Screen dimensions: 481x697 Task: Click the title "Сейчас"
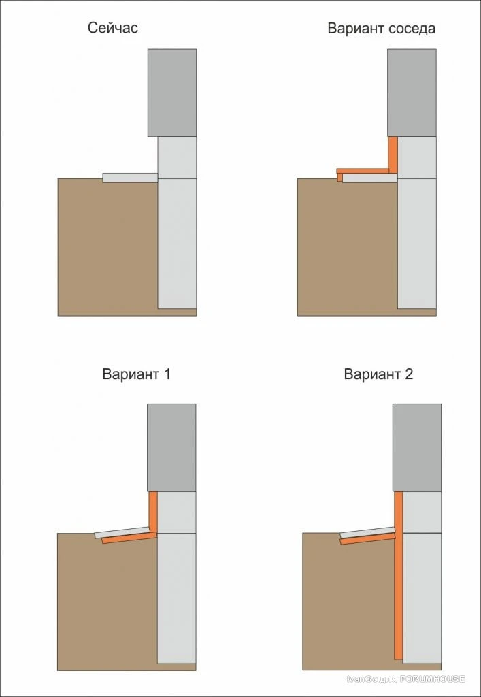tap(113, 28)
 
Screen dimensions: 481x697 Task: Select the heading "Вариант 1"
tap(136, 374)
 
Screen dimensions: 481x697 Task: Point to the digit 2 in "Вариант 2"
tap(409, 374)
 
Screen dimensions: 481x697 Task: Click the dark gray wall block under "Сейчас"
tap(172, 93)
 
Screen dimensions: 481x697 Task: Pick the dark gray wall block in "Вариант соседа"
tap(412, 93)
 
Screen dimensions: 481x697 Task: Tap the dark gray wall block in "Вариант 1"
tap(171, 447)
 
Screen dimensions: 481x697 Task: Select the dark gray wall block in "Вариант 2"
tap(417, 447)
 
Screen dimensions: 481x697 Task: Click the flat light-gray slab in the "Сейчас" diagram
tap(130, 178)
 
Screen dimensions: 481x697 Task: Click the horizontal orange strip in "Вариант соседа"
tap(363, 171)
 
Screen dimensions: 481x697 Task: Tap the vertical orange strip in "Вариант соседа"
tap(393, 154)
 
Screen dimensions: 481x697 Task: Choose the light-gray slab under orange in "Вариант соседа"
tap(370, 178)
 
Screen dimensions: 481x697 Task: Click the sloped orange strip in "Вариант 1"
tap(129, 538)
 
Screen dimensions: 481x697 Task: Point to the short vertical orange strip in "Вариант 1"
tap(153, 512)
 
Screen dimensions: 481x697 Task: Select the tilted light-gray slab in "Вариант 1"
tap(122, 532)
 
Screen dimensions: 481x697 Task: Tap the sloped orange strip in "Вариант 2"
tap(367, 538)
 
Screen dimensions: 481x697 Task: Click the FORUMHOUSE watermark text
tap(406, 679)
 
